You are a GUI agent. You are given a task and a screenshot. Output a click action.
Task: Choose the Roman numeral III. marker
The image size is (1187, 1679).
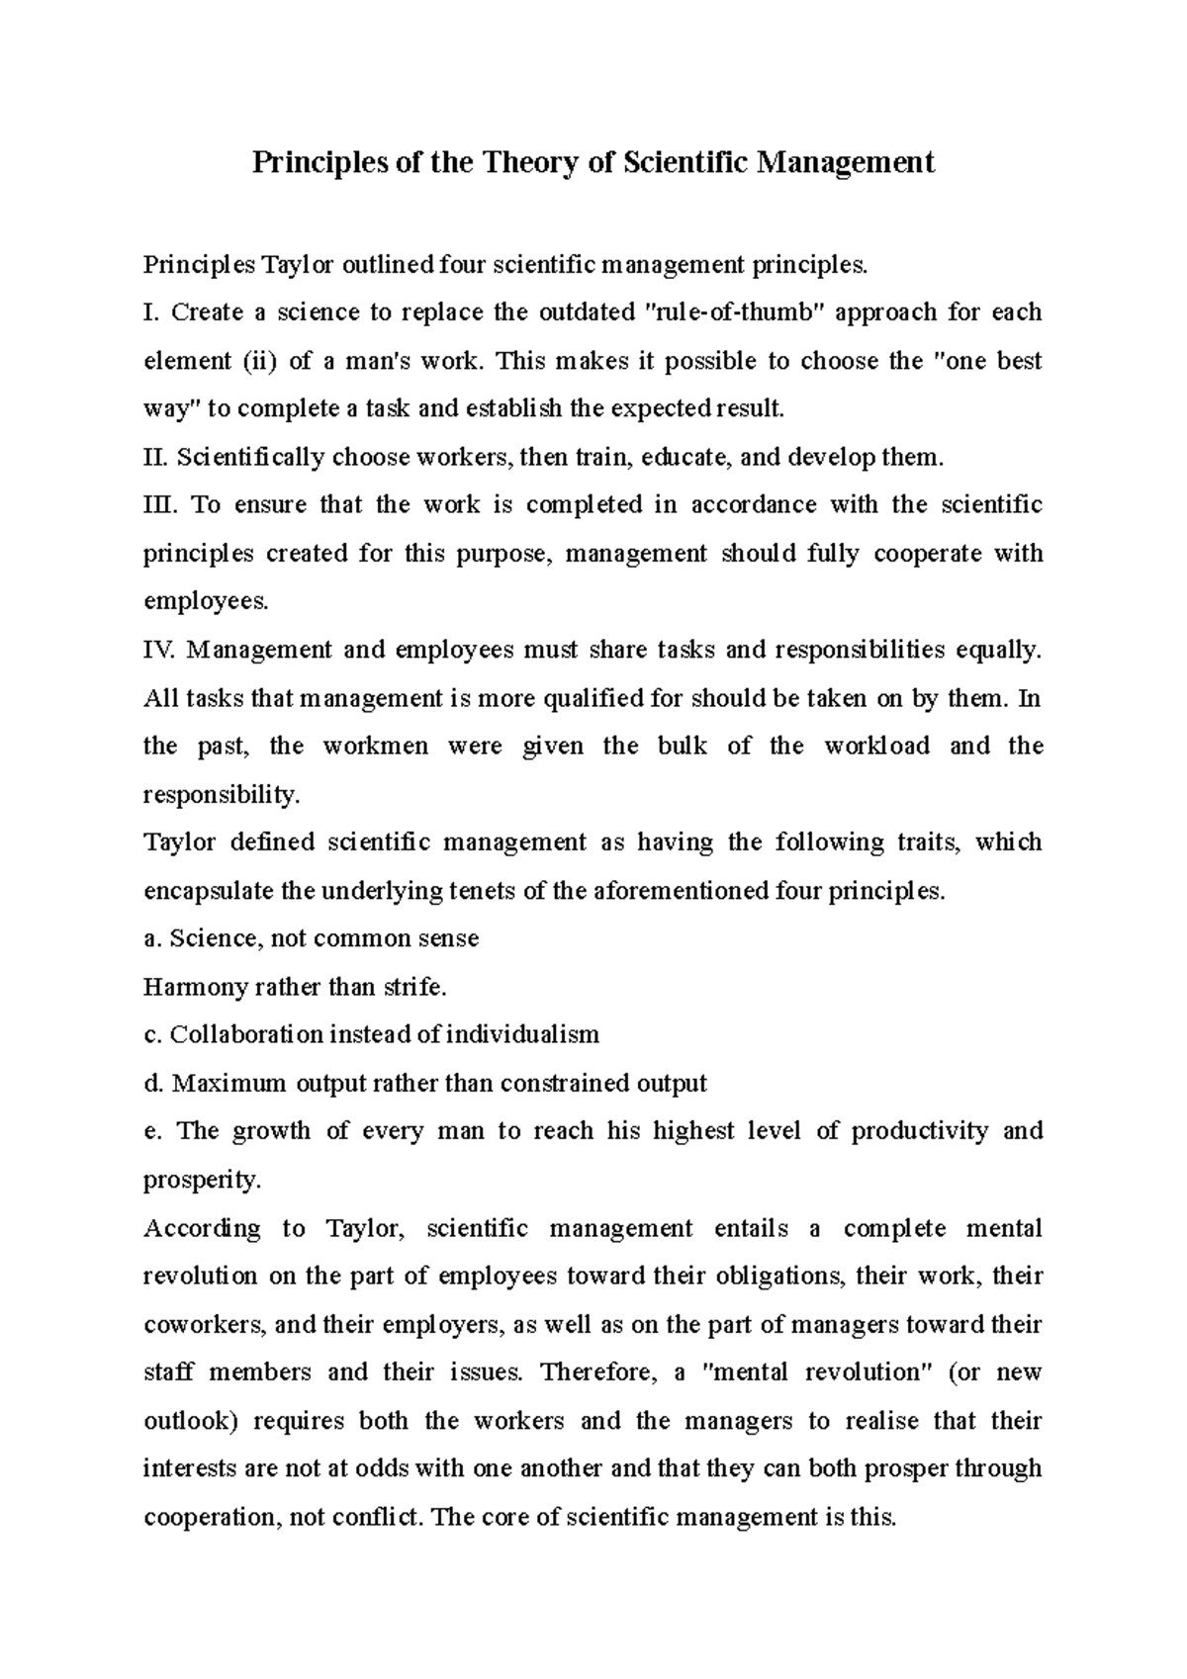click(159, 505)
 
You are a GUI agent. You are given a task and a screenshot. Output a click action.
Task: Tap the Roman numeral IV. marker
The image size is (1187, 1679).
click(159, 650)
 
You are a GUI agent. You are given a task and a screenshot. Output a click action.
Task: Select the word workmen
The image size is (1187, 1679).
click(376, 746)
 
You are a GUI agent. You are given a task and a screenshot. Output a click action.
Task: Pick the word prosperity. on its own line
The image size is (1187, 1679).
click(189, 1180)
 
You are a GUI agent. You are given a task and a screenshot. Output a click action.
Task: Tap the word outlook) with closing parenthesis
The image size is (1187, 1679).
click(192, 1421)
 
